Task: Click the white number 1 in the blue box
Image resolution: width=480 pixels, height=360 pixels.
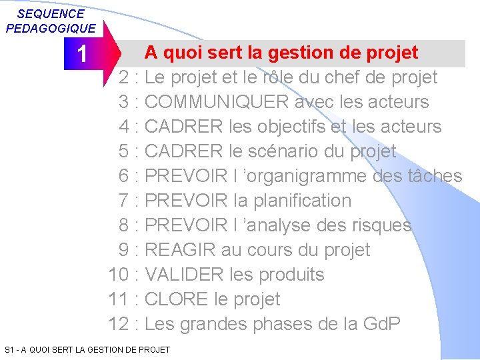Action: [x=81, y=54]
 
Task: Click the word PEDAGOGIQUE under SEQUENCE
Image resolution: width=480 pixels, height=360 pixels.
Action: [x=51, y=28]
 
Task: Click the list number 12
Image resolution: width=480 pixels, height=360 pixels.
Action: [x=119, y=324]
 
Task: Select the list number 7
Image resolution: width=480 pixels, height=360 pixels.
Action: [x=124, y=201]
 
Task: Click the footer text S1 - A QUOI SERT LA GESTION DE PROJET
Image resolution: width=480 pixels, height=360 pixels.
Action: [x=87, y=349]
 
